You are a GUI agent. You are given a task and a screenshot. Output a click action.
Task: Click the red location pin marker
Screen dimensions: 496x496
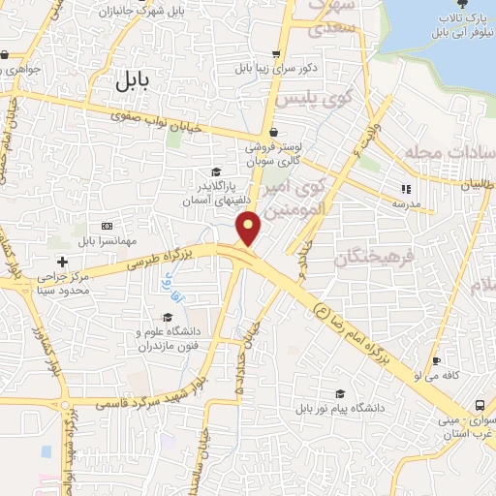(250, 229)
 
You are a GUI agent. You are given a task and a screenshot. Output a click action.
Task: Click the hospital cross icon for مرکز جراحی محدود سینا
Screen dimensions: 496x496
(63, 262)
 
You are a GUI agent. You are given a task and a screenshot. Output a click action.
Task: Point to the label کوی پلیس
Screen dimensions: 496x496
(297, 100)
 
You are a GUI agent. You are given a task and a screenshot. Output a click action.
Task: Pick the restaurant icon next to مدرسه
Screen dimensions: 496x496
(406, 189)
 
